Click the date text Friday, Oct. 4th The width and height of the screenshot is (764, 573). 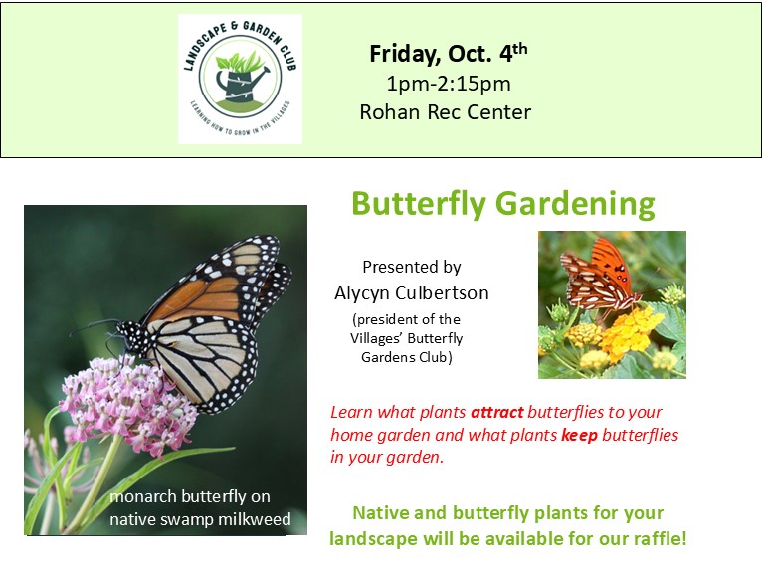[449, 53]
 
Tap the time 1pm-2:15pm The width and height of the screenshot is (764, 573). [449, 84]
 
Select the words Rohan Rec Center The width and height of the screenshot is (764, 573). [446, 112]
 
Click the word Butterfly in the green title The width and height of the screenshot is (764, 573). [419, 204]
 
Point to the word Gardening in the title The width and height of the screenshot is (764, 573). [575, 204]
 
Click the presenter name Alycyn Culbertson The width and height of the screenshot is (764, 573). [412, 292]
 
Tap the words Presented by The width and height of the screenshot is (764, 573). [412, 267]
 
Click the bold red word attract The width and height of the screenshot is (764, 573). [497, 412]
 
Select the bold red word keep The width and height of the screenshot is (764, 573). [579, 435]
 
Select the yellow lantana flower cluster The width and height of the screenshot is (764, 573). [629, 331]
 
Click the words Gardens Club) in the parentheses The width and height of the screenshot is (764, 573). [406, 357]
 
